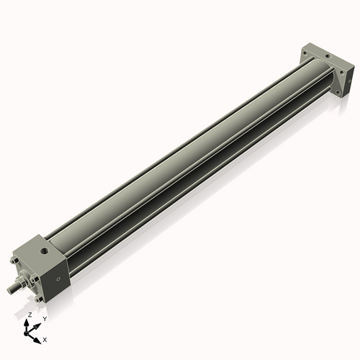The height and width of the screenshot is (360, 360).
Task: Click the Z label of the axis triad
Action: [x=29, y=315]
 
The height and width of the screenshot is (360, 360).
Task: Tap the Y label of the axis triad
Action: [x=45, y=318]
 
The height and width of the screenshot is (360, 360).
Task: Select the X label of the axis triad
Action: [x=45, y=338]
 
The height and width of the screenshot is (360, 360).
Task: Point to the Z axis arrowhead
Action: [x=29, y=323]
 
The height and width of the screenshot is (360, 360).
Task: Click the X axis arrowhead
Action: [x=38, y=336]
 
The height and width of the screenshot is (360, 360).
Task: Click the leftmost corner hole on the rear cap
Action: [x=304, y=54]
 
